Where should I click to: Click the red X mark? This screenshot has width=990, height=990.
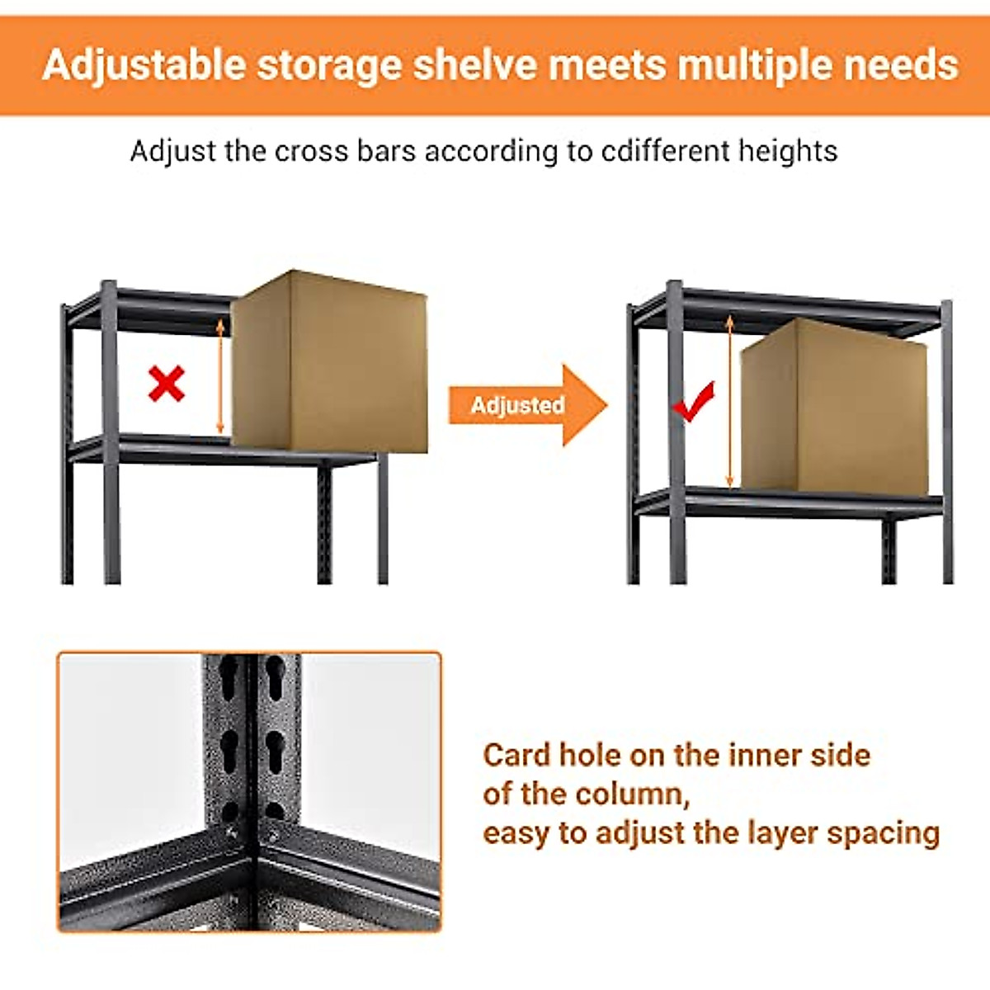coord(167,384)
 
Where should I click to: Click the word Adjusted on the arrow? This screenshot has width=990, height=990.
coord(517,405)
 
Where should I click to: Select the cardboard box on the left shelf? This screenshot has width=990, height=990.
coord(330,363)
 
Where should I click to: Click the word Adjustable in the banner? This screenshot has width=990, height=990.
coord(144,65)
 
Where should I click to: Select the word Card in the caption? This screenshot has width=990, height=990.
coord(516,755)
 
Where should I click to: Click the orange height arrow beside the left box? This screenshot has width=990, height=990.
coord(220,376)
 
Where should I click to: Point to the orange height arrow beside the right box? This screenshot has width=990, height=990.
coord(730,401)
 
